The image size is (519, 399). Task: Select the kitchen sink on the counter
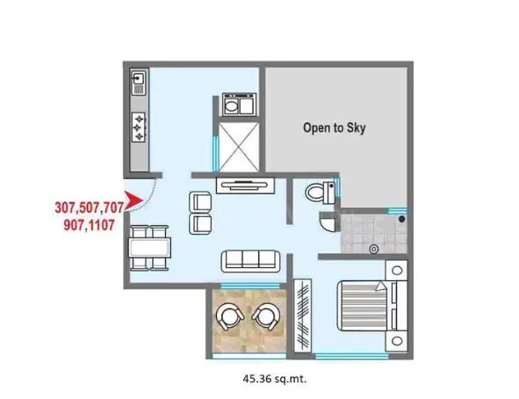tap(139, 84)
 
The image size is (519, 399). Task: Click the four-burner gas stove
tap(140, 127)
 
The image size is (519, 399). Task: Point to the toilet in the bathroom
tap(318, 191)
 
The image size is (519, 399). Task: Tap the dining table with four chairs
tap(147, 247)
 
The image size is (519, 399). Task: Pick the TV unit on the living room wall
tap(245, 184)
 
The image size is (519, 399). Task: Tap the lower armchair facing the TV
tap(200, 223)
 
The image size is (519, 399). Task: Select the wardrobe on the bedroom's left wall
tap(304, 313)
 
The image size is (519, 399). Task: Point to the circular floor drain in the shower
tap(375, 249)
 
